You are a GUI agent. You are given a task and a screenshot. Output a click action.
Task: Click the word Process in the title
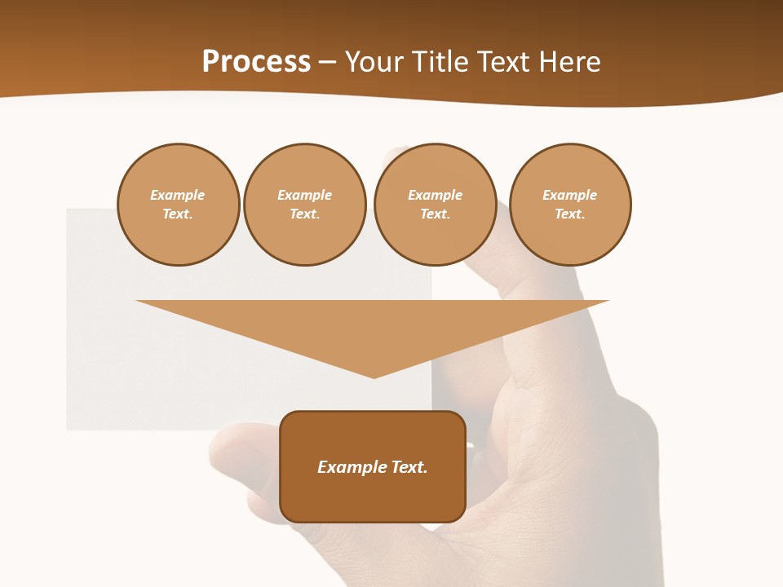click(256, 62)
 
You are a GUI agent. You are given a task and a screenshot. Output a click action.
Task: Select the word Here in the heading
click(568, 62)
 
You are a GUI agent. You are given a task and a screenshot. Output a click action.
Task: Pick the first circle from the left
click(179, 205)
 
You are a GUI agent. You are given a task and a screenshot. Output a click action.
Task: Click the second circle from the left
click(305, 205)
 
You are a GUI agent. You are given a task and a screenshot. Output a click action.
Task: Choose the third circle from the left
click(435, 205)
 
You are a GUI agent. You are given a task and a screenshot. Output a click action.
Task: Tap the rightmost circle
click(570, 205)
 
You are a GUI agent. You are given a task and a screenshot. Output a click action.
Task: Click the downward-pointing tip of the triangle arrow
click(374, 376)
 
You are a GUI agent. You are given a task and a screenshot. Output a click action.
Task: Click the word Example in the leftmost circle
click(178, 195)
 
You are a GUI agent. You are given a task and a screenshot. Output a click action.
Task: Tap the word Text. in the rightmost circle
click(570, 214)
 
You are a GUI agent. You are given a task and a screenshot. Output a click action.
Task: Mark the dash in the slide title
click(328, 62)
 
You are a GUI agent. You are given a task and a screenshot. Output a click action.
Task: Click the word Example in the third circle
click(435, 195)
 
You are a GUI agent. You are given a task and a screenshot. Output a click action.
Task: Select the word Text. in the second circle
click(305, 214)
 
